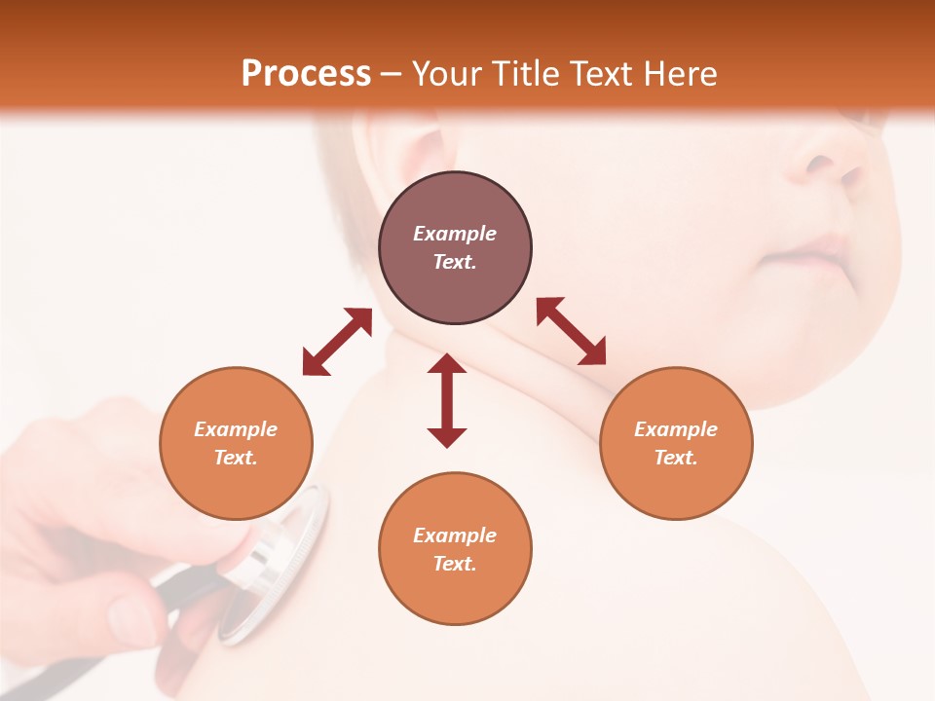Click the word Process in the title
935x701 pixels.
(306, 74)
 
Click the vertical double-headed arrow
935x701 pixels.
(447, 400)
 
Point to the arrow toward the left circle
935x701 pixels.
(337, 342)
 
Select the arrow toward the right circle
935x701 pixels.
(572, 331)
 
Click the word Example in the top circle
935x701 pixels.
(455, 234)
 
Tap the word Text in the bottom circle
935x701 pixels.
(455, 564)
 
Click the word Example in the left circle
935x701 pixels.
(236, 429)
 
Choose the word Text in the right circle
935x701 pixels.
(676, 458)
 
